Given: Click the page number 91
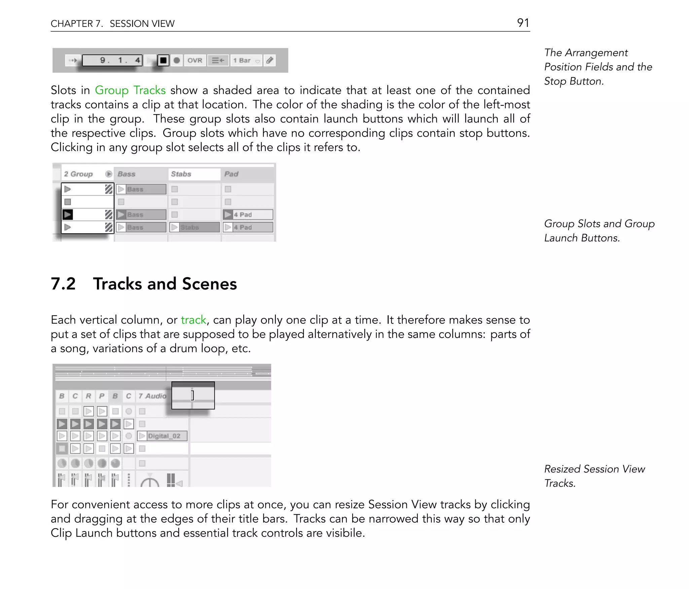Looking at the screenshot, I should (523, 23).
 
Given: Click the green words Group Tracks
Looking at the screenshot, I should (130, 90).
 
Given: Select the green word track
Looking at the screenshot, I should (193, 320).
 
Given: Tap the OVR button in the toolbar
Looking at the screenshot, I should (195, 61).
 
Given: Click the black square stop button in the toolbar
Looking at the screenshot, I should (163, 61).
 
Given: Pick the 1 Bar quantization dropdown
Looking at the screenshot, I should (246, 61).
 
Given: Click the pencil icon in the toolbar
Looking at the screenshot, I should (270, 61).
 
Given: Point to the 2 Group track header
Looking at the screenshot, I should (78, 174).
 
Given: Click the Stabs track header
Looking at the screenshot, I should (181, 174).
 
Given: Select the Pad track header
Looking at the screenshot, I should (231, 174).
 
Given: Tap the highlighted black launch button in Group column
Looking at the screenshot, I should (68, 214).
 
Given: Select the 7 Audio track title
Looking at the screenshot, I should (152, 396).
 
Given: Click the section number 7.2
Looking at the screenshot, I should (63, 284).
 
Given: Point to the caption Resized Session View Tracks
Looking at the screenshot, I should (594, 476).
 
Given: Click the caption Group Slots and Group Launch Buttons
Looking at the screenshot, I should (599, 231).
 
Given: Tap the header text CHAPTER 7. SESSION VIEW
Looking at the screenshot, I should (112, 24).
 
